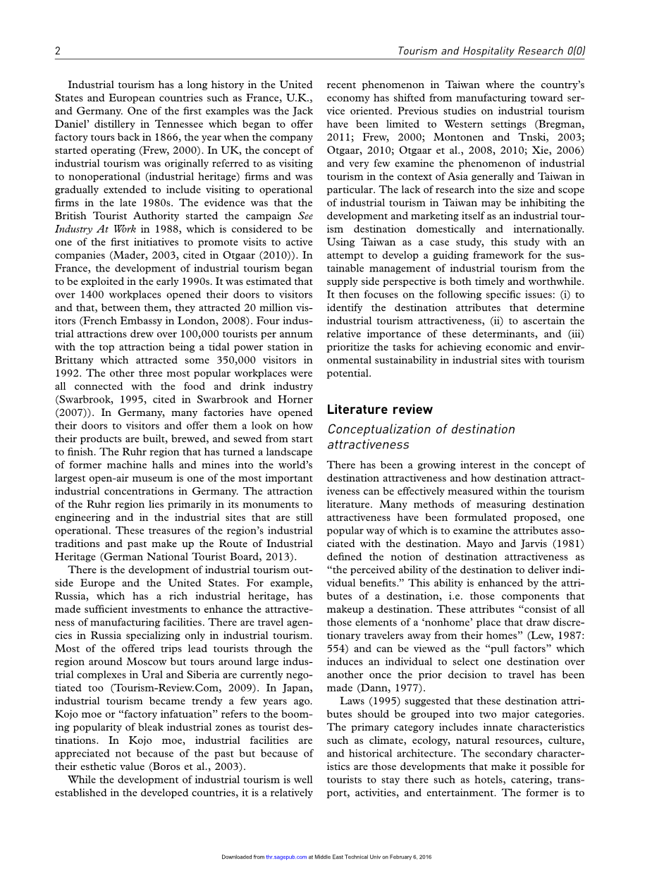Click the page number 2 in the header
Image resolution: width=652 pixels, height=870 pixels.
tap(57, 51)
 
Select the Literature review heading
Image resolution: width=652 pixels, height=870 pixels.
tap(380, 410)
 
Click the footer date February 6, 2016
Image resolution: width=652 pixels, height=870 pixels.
tap(412, 857)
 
